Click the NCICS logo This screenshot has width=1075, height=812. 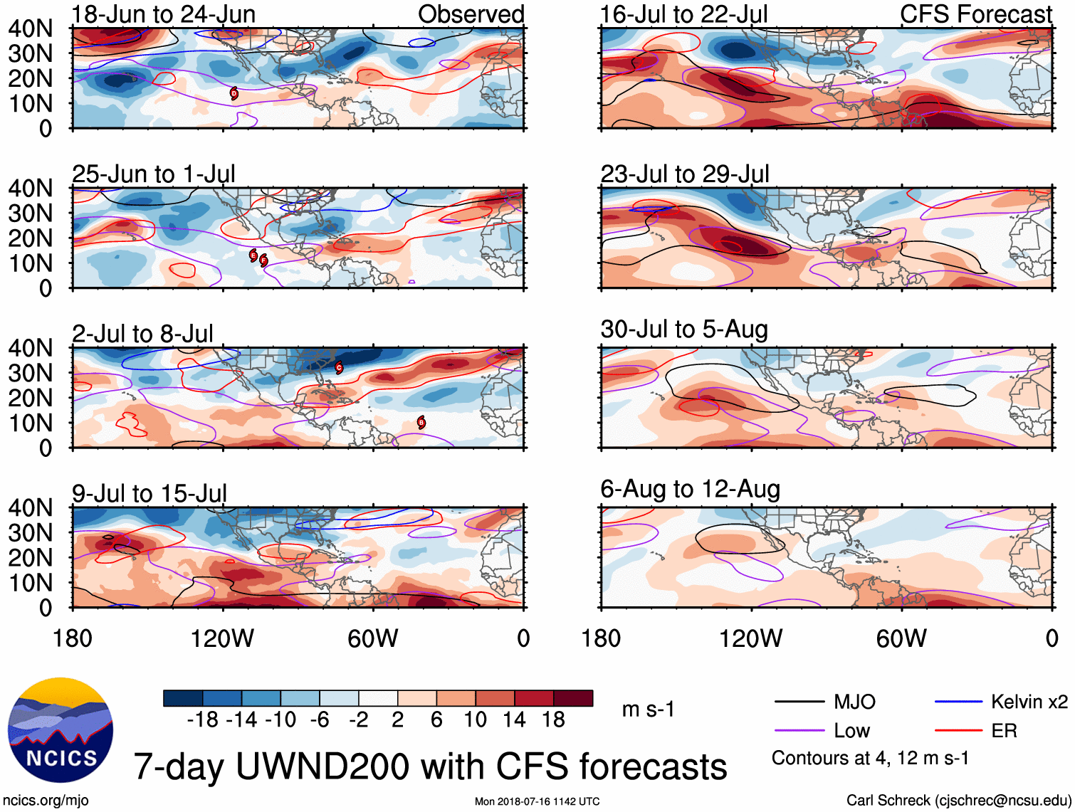pyautogui.click(x=61, y=729)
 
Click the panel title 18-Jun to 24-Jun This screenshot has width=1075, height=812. pyautogui.click(x=164, y=14)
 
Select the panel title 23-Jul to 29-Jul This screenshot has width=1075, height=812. pyautogui.click(x=685, y=174)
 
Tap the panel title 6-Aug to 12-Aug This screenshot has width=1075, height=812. pyautogui.click(x=690, y=490)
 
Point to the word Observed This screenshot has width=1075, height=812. pyautogui.click(x=471, y=14)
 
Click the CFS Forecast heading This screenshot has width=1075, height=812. pyautogui.click(x=975, y=14)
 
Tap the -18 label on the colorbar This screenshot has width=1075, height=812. pyautogui.click(x=202, y=720)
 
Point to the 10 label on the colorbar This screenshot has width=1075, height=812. pyautogui.click(x=476, y=720)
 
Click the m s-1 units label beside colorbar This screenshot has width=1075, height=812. pyautogui.click(x=648, y=710)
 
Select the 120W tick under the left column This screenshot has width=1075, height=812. pyautogui.click(x=222, y=638)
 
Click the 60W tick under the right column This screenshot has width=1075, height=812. pyautogui.click(x=901, y=638)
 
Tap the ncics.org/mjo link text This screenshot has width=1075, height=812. pyautogui.click(x=46, y=801)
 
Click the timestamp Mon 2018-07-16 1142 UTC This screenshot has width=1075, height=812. pyautogui.click(x=537, y=801)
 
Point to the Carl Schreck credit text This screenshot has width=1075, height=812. pyautogui.click(x=958, y=801)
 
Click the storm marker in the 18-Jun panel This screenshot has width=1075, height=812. pyautogui.click(x=234, y=93)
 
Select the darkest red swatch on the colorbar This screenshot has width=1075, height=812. pyautogui.click(x=573, y=698)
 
